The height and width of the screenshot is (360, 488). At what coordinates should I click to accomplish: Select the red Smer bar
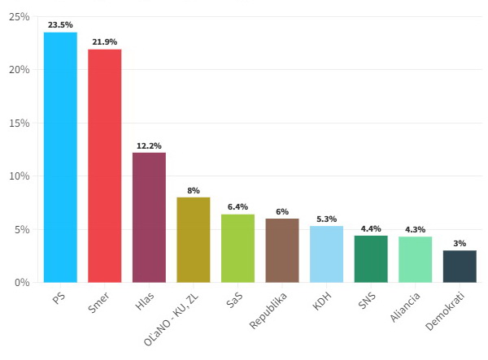coord(105,166)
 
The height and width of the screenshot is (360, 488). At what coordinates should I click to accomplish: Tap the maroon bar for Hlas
coord(149,217)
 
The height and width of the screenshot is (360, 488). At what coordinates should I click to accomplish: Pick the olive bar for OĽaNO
coord(194,240)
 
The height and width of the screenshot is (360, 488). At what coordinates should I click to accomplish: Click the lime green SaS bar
coord(237,248)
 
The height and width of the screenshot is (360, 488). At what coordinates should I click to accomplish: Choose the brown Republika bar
coord(282,250)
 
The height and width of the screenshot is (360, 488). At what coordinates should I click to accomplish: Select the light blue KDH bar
coord(326,254)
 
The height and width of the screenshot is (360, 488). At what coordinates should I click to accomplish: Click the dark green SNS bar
coord(371,258)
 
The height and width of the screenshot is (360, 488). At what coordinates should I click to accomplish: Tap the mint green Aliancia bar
coord(415,259)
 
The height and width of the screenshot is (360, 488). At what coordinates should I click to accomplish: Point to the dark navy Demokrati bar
coord(460,266)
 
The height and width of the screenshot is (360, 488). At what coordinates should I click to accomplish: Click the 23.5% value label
coord(60,25)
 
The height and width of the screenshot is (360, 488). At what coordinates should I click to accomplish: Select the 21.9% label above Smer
coord(105,42)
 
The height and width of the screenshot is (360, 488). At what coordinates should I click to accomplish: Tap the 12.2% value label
coord(149,145)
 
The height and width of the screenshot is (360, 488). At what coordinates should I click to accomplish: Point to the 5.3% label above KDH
coord(326,219)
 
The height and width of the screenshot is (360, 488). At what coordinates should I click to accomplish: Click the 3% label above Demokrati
coord(460,243)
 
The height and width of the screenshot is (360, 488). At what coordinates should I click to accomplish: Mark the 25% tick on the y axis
coord(19,17)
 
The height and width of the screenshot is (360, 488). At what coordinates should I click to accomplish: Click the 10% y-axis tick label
coord(19,176)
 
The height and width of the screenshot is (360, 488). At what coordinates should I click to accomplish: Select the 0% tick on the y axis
coord(21,283)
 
